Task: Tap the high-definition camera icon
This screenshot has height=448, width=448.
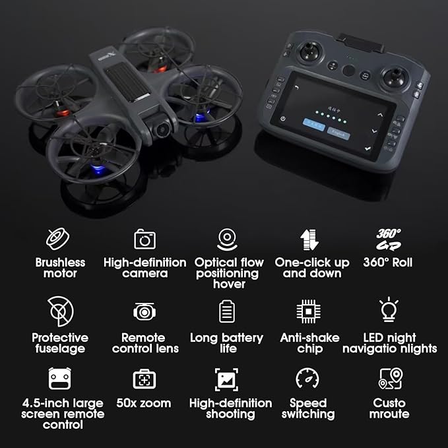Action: pos(144,238)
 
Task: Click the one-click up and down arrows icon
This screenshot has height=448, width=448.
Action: pos(308,239)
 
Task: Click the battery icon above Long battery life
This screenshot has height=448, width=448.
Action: pos(227,311)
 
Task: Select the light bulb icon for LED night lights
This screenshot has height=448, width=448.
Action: pos(389,310)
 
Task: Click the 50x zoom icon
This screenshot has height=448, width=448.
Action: pos(144,379)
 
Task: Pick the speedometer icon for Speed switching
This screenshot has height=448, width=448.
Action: pos(308,379)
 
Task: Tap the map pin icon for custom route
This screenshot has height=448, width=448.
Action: pos(390,379)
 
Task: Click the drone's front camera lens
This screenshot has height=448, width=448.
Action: pos(161,129)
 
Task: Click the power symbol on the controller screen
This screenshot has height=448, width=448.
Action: pos(283,119)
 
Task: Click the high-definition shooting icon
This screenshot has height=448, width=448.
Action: pos(226,379)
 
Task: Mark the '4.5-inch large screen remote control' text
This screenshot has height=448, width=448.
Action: pos(62,414)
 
